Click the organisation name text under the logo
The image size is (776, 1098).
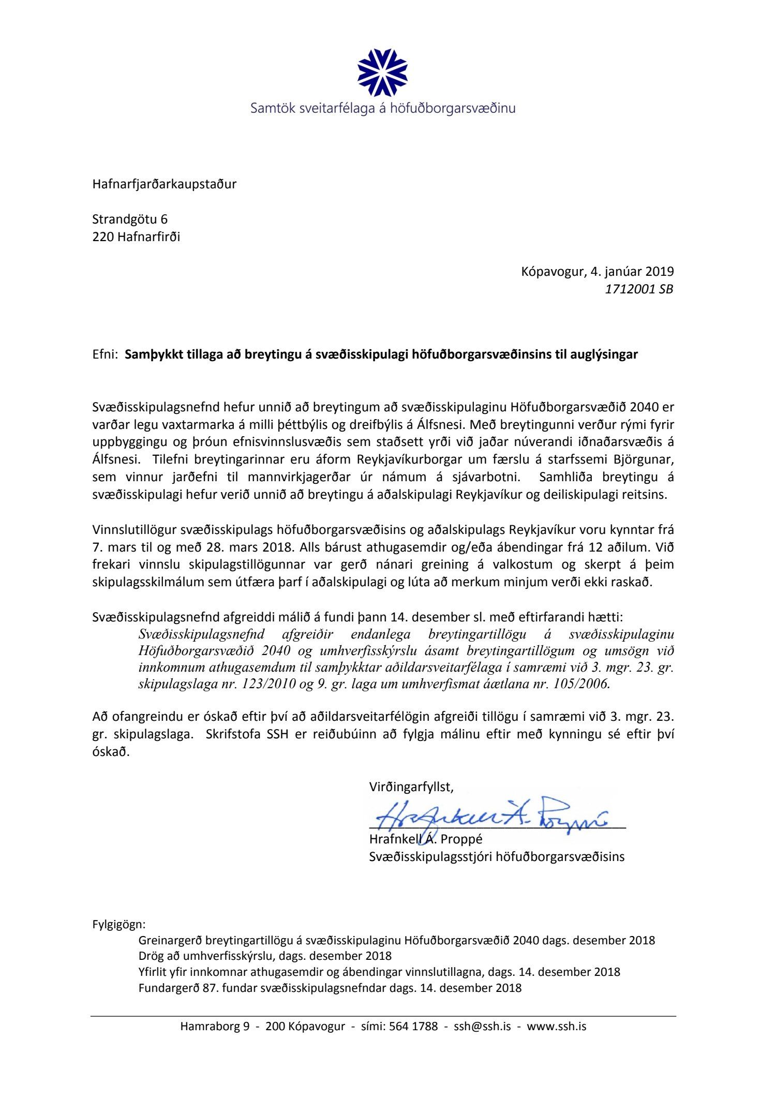(383, 109)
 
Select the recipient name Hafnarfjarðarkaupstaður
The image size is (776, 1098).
(164, 184)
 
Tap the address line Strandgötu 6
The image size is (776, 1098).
(130, 219)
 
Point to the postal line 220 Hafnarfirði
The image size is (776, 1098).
(136, 237)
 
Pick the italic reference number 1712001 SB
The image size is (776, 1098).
(639, 289)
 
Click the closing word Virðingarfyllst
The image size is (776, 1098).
(411, 788)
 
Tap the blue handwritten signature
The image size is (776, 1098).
(491, 816)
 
